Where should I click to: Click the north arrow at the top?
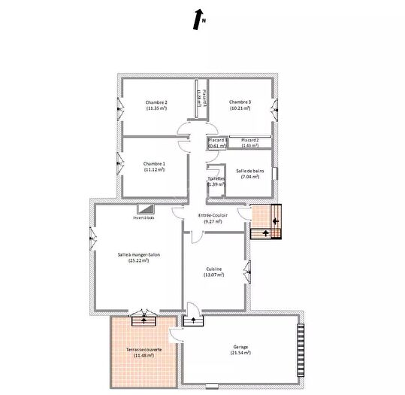pos(198,17)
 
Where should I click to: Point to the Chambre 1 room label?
pos(154,163)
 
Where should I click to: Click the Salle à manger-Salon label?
pos(138,255)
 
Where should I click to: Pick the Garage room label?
pos(240,347)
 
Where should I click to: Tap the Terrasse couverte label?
pos(143,351)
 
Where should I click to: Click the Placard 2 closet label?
pos(249,141)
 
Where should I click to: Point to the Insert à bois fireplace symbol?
pos(144,210)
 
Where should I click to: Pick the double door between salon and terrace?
pos(142,318)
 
